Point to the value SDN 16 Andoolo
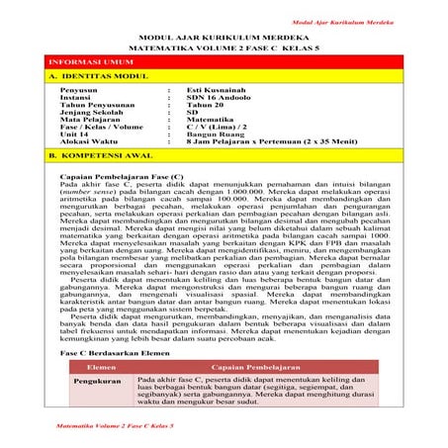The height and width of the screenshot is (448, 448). (216, 99)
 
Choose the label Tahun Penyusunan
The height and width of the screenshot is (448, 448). (117, 107)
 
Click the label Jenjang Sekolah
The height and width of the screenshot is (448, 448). (112, 115)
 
